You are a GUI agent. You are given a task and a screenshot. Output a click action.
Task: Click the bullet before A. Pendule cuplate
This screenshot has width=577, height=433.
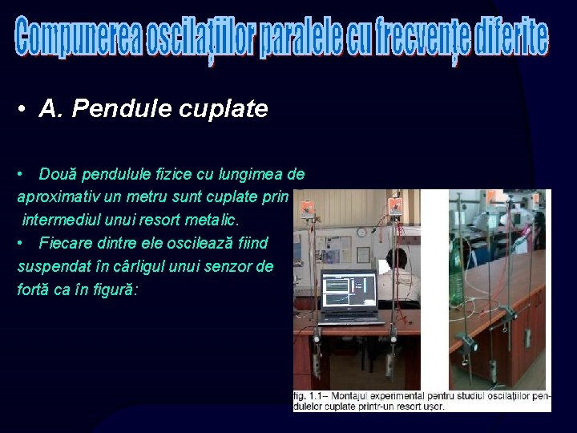(26, 110)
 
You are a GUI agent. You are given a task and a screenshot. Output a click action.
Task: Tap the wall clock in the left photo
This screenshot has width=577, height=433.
(362, 232)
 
